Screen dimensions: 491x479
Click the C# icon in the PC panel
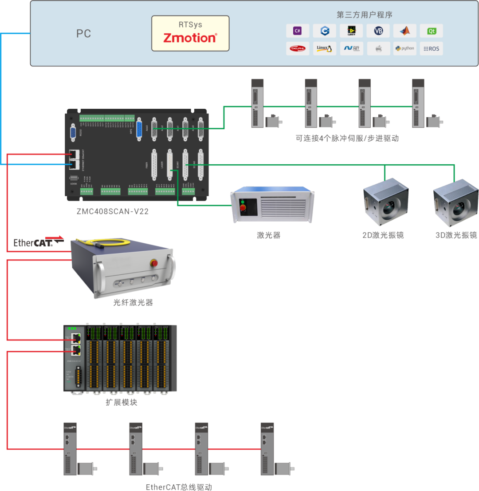pos(298,31)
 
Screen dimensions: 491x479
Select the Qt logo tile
pos(431,31)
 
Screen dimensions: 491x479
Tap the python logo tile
pos(404,48)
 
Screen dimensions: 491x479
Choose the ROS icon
pos(431,48)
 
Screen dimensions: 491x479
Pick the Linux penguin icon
pos(324,48)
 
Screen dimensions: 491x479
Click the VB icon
pos(378,31)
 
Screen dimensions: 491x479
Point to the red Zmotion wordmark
pos(190,38)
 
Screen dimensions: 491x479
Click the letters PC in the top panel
pos(83,34)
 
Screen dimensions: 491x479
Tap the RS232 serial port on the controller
pos(73,133)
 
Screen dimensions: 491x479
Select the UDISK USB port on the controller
pos(74,178)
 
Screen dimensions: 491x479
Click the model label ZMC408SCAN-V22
pos(113,212)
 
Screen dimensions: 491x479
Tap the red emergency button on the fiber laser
pos(155,263)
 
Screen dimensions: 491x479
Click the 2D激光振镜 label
pos(383,235)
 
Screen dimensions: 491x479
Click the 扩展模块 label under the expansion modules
pos(121,403)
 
